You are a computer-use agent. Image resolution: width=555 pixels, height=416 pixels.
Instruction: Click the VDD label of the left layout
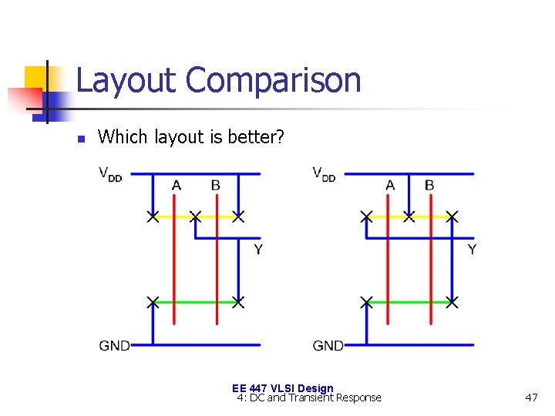point(109,173)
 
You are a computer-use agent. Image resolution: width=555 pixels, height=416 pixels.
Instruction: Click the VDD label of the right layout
point(323,173)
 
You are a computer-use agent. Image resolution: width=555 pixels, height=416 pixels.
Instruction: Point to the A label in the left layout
point(177,186)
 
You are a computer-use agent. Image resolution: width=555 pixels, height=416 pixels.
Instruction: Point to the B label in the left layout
point(215,186)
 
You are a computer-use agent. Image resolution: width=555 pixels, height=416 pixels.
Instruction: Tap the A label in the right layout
point(390,186)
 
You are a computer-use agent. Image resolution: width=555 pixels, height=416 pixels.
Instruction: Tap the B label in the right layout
point(429,186)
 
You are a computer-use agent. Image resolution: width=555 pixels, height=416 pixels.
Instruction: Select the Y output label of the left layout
point(258,250)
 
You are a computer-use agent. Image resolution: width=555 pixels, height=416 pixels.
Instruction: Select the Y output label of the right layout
point(472,250)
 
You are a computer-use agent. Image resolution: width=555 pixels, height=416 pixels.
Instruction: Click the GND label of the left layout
point(114,346)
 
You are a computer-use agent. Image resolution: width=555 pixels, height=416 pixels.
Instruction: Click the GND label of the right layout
point(328,346)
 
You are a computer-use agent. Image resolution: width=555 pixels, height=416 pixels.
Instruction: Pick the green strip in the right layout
point(409,301)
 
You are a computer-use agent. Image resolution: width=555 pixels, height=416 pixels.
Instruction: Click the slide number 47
point(530,398)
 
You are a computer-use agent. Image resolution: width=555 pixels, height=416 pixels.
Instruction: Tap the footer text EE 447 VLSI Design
point(282,388)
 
